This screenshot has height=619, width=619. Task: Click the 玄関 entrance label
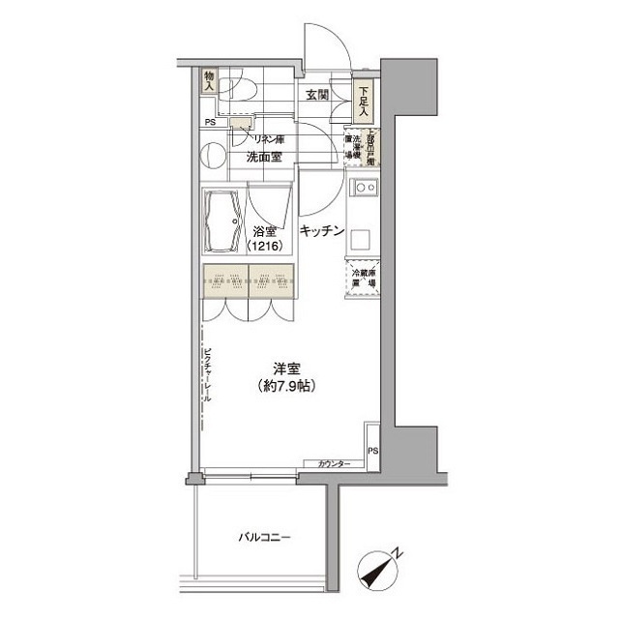pyautogui.click(x=318, y=95)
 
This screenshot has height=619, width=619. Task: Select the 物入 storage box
pyautogui.click(x=210, y=82)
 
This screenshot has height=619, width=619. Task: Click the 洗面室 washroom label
pyautogui.click(x=263, y=156)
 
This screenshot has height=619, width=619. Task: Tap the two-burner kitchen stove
pyautogui.click(x=366, y=187)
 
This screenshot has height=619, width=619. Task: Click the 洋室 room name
pyautogui.click(x=285, y=368)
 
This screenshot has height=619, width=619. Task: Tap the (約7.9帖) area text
pyautogui.click(x=285, y=386)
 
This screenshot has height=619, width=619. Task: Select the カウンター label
pyautogui.click(x=334, y=465)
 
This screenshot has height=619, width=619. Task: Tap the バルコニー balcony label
pyautogui.click(x=264, y=537)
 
